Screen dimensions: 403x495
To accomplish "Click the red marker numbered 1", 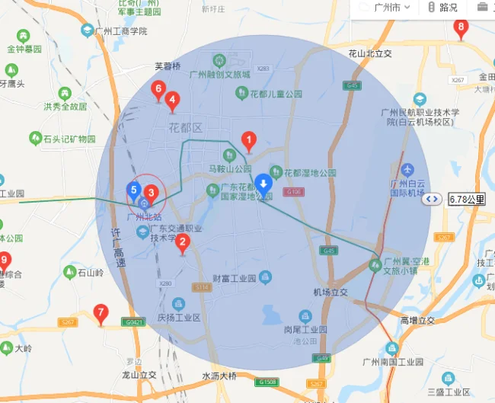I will (247, 140).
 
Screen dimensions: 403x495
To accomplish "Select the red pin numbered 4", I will (173, 100).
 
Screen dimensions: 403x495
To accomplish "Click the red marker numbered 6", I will (158, 90).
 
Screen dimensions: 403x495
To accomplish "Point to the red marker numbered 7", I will (101, 312).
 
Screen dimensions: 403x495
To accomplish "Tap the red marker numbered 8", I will (461, 29).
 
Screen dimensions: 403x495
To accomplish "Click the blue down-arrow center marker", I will (263, 184).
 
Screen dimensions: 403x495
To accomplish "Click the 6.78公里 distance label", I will (467, 199).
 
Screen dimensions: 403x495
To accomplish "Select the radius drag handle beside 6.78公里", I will (433, 199).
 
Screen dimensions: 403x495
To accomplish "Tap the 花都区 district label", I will (186, 127).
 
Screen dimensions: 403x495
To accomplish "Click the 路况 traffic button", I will (442, 8).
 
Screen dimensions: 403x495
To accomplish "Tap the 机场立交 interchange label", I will (330, 293).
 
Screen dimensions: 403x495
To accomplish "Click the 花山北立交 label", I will (369, 54).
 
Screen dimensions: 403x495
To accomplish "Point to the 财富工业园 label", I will (236, 278).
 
